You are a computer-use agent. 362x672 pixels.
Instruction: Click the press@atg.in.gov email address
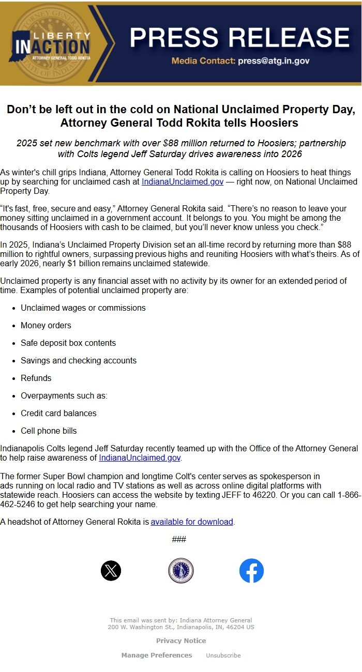click(x=274, y=60)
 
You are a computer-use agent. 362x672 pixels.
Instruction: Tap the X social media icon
click(x=111, y=571)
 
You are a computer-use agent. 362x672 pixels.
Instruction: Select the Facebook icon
click(x=251, y=571)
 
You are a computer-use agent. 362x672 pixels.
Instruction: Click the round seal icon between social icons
click(x=181, y=571)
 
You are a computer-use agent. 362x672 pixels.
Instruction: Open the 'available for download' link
click(x=192, y=522)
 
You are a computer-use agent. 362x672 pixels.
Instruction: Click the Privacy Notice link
click(x=181, y=640)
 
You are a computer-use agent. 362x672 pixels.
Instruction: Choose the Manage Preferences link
click(x=157, y=655)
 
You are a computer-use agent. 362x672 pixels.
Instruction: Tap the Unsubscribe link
click(x=223, y=655)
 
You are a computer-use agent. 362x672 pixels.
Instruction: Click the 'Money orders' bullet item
click(x=46, y=325)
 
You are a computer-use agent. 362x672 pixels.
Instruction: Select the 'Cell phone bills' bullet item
click(x=49, y=431)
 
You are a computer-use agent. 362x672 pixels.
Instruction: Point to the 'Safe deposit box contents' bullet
click(x=68, y=343)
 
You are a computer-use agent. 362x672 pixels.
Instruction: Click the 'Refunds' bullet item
click(x=36, y=378)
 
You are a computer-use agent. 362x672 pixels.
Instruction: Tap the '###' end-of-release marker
click(x=179, y=539)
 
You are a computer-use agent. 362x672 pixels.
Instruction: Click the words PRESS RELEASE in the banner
click(x=239, y=37)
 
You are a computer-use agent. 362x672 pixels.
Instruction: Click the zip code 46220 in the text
click(x=266, y=495)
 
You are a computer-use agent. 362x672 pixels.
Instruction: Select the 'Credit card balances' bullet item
click(x=58, y=413)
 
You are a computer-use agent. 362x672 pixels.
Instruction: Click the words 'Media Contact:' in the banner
click(x=203, y=60)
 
